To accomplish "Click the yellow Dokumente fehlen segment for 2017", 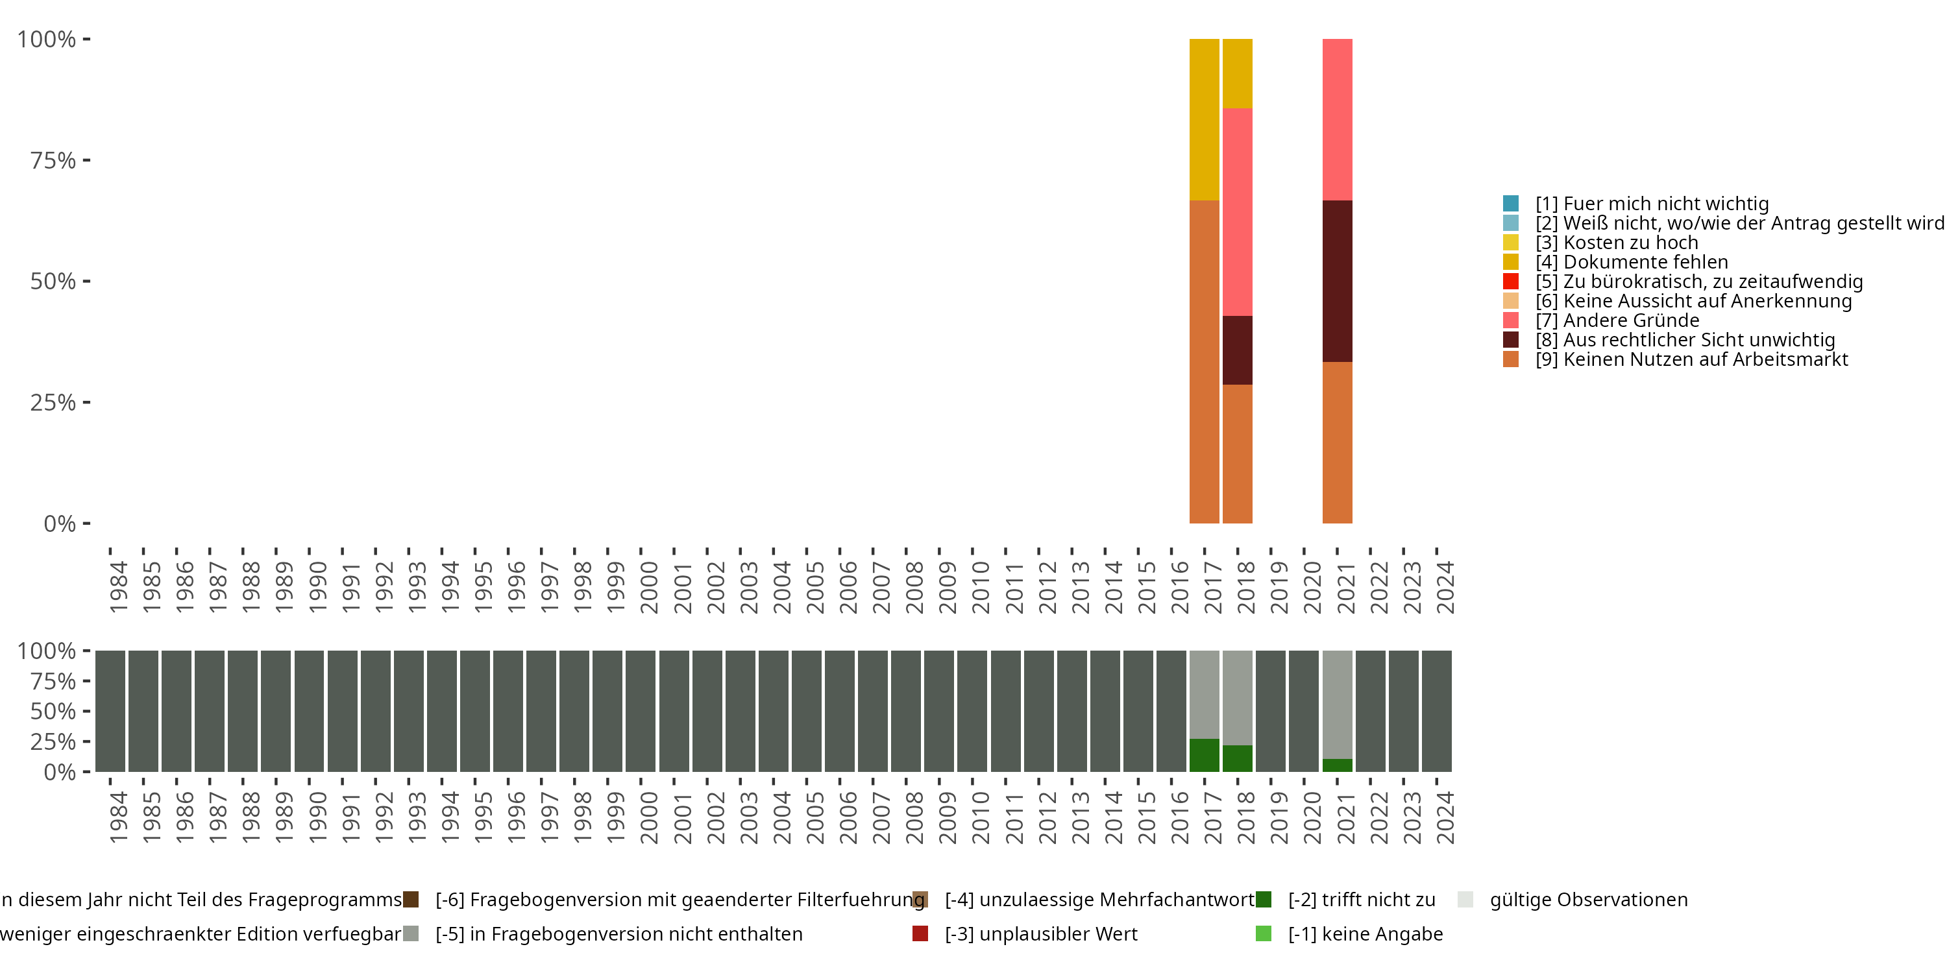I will click(x=1204, y=119).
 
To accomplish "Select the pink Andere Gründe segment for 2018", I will click(x=1237, y=211).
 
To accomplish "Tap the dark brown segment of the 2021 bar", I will click(x=1337, y=281).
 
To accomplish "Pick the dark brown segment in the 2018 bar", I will click(x=1237, y=350).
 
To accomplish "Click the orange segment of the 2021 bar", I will click(x=1337, y=442).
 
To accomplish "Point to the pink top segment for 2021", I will click(x=1337, y=119).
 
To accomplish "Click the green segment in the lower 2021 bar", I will click(x=1337, y=765).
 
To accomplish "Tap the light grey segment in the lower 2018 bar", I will click(x=1237, y=697).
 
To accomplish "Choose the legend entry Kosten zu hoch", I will click(x=1630, y=243).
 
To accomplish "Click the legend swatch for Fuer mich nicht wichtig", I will click(x=1511, y=203).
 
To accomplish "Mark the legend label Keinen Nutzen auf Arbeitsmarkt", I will click(x=1704, y=359).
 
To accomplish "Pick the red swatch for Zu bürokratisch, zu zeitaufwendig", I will click(x=1511, y=281).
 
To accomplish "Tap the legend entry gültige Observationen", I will click(x=1588, y=900).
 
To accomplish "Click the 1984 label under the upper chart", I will click(x=119, y=587).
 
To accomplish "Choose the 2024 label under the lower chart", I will click(x=1445, y=817).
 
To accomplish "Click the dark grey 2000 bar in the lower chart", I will click(x=640, y=711).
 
